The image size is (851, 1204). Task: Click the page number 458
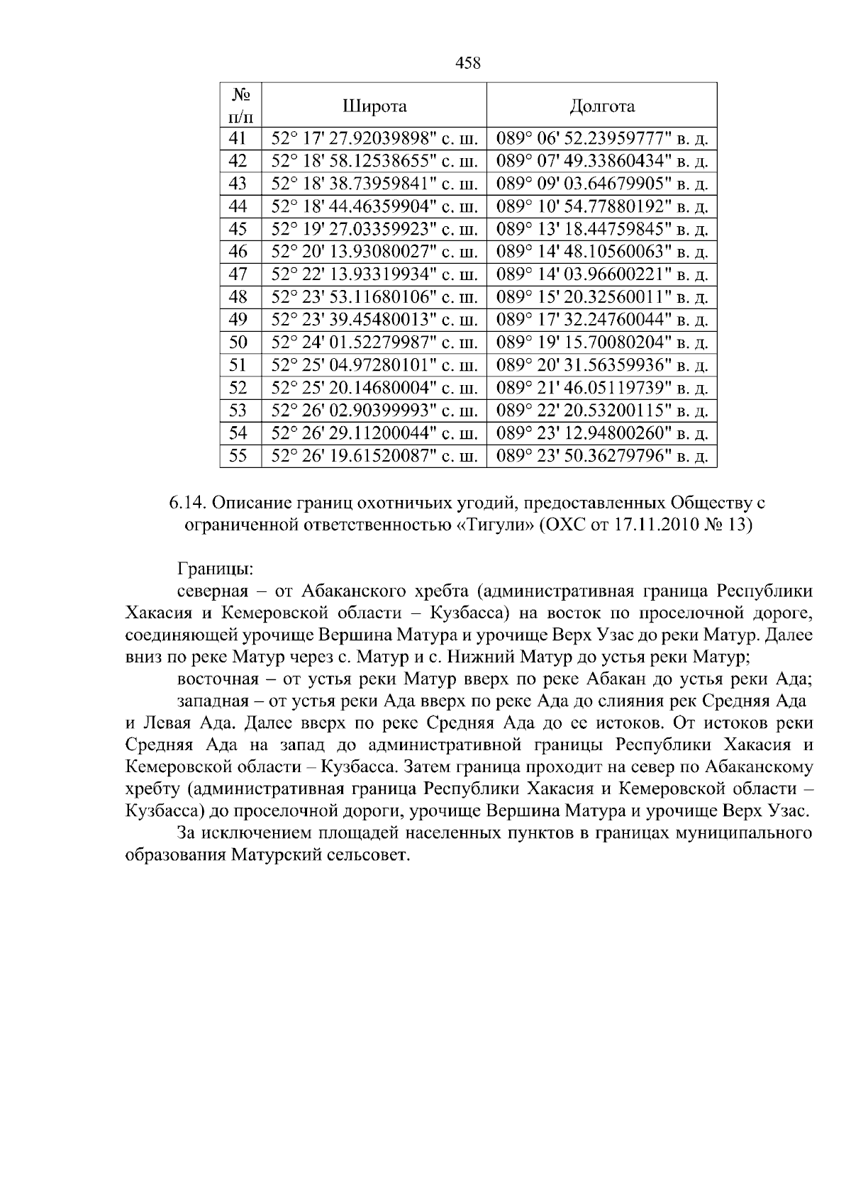467,64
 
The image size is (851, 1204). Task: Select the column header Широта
374,106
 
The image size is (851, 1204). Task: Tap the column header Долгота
601,106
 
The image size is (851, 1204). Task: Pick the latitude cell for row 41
374,138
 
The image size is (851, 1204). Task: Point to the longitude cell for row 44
601,206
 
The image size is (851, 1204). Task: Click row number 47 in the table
238,274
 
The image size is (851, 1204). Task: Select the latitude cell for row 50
374,342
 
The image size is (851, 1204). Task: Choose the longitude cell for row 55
601,456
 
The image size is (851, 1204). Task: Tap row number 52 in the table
238,388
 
